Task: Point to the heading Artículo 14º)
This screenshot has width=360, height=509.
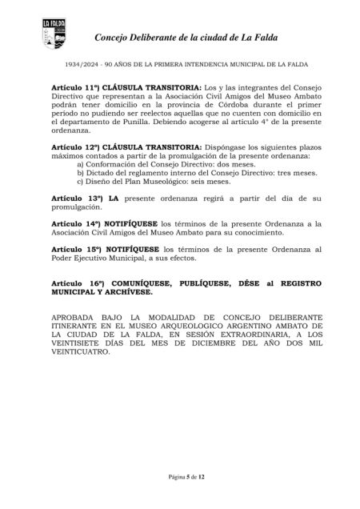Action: (74, 226)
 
